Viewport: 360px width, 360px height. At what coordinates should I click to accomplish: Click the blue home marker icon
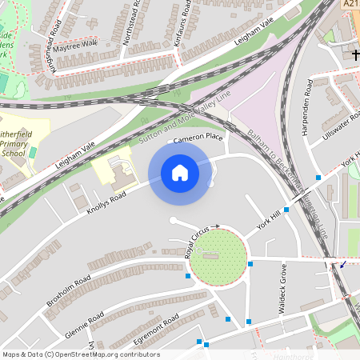(180, 173)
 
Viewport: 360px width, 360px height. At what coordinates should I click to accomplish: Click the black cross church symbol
(354, 54)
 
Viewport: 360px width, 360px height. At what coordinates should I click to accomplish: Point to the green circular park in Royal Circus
(218, 257)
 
